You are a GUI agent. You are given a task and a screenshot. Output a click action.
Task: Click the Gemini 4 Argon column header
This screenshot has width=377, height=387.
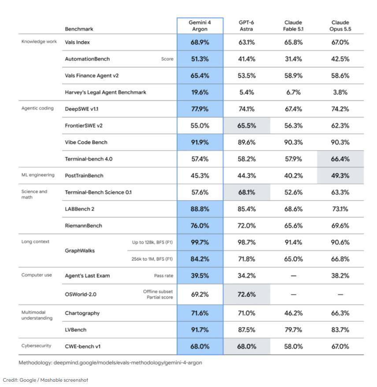(x=200, y=26)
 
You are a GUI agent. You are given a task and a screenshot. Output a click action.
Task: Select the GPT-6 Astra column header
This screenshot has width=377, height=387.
(x=246, y=26)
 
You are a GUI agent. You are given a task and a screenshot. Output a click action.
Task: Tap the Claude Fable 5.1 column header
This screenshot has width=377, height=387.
(x=293, y=26)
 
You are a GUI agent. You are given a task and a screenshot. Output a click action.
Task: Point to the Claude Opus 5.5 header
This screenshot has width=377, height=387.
(x=340, y=26)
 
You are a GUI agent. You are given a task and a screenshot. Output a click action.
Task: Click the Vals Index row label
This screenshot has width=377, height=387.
(x=77, y=42)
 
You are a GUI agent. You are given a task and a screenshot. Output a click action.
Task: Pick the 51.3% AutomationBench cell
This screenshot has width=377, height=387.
(x=200, y=59)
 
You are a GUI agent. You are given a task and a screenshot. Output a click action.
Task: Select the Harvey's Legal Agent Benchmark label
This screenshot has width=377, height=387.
(x=106, y=92)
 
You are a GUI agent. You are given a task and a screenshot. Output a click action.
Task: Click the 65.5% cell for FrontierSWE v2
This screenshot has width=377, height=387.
(x=247, y=126)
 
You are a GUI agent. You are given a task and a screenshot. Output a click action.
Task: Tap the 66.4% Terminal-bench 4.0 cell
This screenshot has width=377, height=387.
(x=340, y=159)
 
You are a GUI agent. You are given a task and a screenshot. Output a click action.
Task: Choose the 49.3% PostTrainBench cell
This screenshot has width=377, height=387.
(x=340, y=176)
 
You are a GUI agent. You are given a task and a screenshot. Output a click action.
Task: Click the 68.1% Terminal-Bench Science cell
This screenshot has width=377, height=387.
(x=247, y=192)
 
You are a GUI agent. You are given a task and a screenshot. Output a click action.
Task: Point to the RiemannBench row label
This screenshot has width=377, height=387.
(x=83, y=226)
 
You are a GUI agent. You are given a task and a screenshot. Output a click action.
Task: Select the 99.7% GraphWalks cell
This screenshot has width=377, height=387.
(x=200, y=242)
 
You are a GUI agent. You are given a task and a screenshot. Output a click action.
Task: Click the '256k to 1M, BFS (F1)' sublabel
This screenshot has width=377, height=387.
(x=152, y=259)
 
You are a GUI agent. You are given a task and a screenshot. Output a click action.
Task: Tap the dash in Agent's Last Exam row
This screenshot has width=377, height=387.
(x=293, y=275)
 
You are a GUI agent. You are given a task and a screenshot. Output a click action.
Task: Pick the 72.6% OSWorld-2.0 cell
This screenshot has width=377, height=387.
(x=247, y=294)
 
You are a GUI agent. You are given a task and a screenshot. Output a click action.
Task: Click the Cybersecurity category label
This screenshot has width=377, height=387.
(x=36, y=346)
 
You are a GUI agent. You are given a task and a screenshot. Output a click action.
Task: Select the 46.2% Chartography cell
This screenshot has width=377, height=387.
(x=293, y=313)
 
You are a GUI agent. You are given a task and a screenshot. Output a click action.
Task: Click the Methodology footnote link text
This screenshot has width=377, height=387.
(x=110, y=363)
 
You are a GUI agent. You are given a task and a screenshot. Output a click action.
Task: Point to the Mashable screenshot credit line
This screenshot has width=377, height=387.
(x=45, y=380)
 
